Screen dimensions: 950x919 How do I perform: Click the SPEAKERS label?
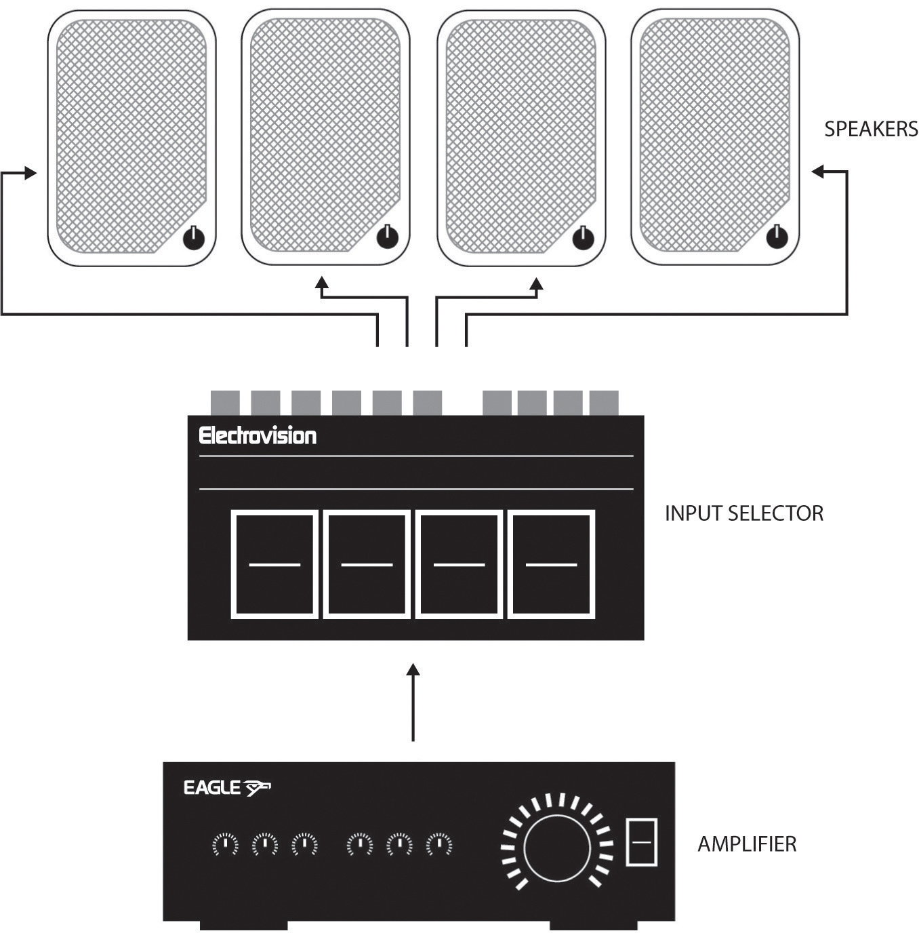pyautogui.click(x=870, y=129)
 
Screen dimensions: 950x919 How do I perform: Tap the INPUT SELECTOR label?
pyautogui.click(x=743, y=513)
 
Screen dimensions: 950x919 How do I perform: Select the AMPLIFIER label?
pyautogui.click(x=747, y=844)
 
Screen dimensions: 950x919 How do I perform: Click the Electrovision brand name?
pyautogui.click(x=258, y=435)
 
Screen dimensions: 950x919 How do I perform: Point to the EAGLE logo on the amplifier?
pyautogui.click(x=226, y=787)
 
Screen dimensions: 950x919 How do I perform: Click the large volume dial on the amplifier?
pyautogui.click(x=556, y=846)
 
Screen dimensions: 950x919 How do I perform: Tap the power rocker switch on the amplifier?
pyautogui.click(x=641, y=842)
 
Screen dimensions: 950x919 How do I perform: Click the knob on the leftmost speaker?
pyautogui.click(x=193, y=239)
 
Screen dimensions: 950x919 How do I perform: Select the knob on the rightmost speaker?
pyautogui.click(x=777, y=237)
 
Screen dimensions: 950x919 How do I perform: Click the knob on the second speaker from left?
pyautogui.click(x=387, y=237)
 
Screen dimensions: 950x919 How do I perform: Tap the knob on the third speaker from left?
pyautogui.click(x=583, y=238)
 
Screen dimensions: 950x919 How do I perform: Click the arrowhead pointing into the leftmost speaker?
pyautogui.click(x=30, y=174)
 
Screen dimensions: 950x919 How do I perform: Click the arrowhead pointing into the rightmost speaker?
pyautogui.click(x=818, y=172)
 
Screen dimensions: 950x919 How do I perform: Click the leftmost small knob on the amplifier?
pyautogui.click(x=225, y=845)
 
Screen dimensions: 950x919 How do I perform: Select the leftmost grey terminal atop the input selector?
pyautogui.click(x=225, y=403)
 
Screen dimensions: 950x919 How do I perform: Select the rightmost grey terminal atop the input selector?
pyautogui.click(x=603, y=403)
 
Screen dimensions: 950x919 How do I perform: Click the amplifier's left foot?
pyautogui.click(x=243, y=925)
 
